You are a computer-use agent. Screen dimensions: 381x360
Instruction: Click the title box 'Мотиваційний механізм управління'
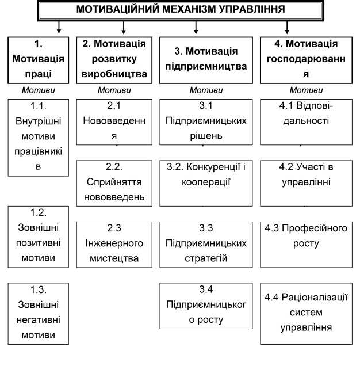180,10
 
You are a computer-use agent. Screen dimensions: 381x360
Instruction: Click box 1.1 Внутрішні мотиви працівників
38,136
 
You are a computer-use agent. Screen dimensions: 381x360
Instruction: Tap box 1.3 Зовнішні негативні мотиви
38,313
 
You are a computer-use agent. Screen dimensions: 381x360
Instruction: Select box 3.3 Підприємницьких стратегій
205,243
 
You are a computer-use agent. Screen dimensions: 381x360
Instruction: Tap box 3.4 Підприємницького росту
205,304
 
